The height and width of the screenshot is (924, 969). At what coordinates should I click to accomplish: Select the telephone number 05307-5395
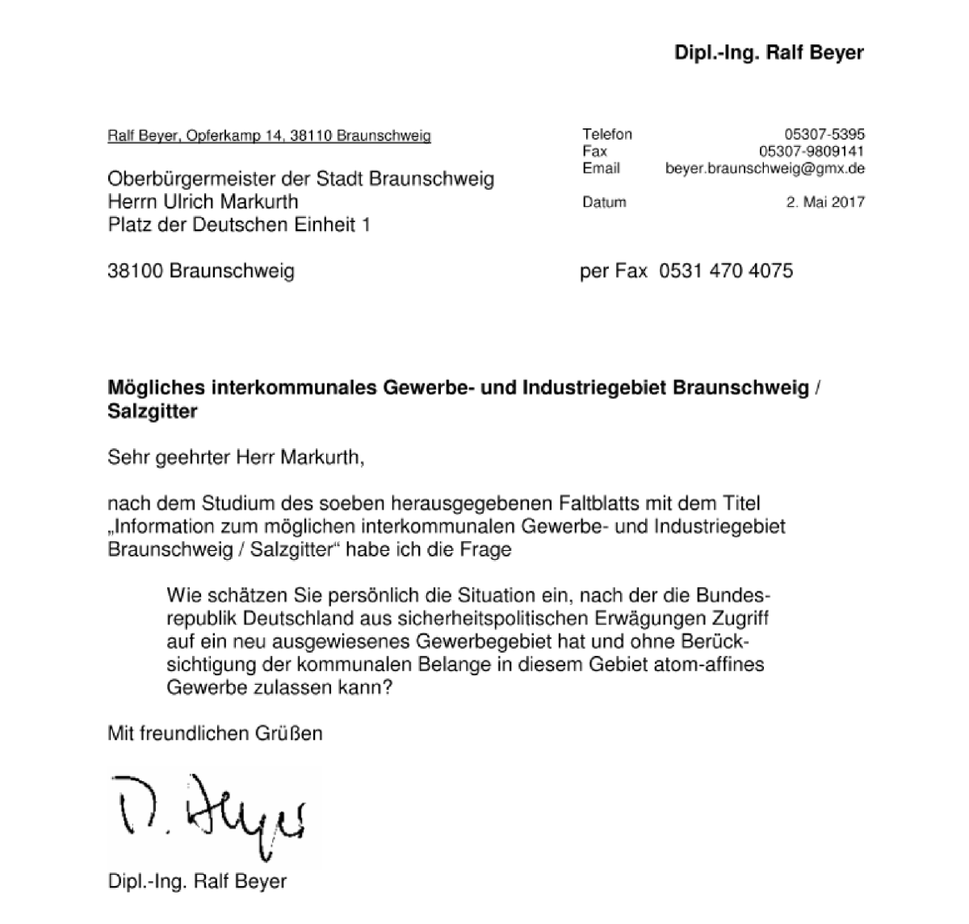824,134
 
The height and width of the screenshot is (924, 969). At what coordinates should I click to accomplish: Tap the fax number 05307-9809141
812,151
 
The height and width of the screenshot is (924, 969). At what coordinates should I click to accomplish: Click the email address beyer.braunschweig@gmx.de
765,168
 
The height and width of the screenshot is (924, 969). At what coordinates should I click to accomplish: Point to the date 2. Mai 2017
824,202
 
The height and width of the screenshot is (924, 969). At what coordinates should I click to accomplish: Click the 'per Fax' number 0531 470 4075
726,271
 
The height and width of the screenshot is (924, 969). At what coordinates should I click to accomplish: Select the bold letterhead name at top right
769,53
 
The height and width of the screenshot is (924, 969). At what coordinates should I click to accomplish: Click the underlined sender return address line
269,136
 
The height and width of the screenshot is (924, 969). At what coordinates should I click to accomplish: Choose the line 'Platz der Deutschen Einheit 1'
239,225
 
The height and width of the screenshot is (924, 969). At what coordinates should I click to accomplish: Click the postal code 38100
136,271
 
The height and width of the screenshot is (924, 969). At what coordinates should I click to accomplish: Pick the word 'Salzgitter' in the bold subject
153,411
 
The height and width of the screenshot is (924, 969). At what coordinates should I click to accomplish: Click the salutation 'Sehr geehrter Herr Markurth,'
237,458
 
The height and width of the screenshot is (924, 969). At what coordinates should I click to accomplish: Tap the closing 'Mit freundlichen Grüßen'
215,733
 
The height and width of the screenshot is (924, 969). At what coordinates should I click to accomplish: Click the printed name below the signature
197,880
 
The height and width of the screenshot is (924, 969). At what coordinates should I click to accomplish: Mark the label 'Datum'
604,202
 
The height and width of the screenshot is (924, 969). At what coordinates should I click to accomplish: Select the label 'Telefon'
607,134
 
